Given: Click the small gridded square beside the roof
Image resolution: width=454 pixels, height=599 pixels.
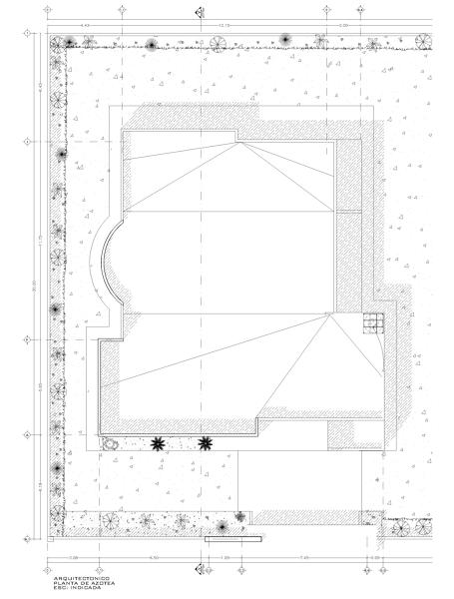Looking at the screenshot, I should click(x=372, y=321).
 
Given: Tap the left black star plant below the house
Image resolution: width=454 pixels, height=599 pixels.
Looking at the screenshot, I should click(x=158, y=443).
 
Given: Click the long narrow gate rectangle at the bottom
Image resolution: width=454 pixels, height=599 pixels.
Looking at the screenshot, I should click(x=232, y=539).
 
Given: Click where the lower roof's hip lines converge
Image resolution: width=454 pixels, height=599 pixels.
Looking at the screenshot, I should click(x=329, y=313).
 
